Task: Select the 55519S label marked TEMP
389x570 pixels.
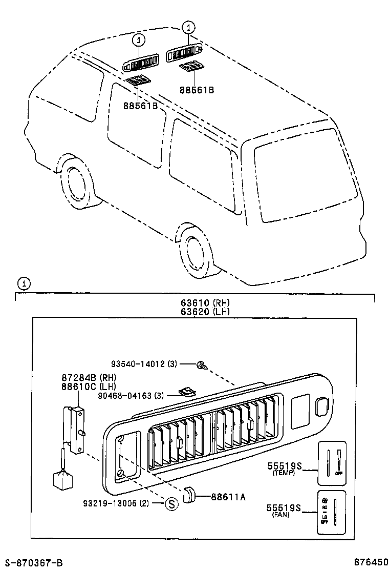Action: point(285,466)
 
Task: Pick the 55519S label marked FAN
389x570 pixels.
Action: point(285,508)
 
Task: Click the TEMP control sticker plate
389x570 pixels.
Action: point(332,463)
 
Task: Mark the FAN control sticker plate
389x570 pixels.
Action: point(332,508)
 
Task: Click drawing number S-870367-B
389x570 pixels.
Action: point(34,563)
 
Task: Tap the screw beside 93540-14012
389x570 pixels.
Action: point(201,365)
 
